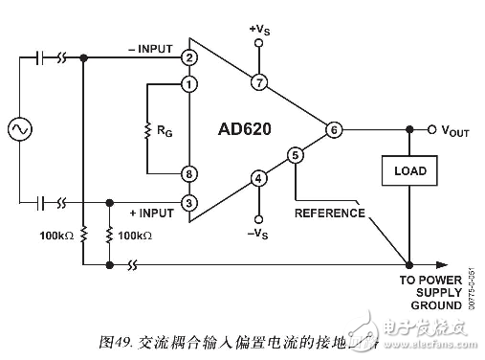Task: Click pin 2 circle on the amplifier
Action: pyautogui.click(x=189, y=57)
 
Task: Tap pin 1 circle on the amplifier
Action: pyautogui.click(x=189, y=84)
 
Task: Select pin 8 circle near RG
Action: pyautogui.click(x=189, y=173)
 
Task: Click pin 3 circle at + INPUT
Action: pyautogui.click(x=189, y=202)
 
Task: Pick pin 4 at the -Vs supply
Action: pyautogui.click(x=258, y=177)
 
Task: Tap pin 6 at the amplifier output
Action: pyautogui.click(x=333, y=129)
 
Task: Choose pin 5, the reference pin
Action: pyautogui.click(x=296, y=153)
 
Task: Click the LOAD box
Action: pyautogui.click(x=409, y=171)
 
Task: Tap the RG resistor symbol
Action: pyautogui.click(x=146, y=129)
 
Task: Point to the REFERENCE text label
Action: pyautogui.click(x=330, y=213)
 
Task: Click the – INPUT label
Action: pyautogui.click(x=148, y=48)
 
